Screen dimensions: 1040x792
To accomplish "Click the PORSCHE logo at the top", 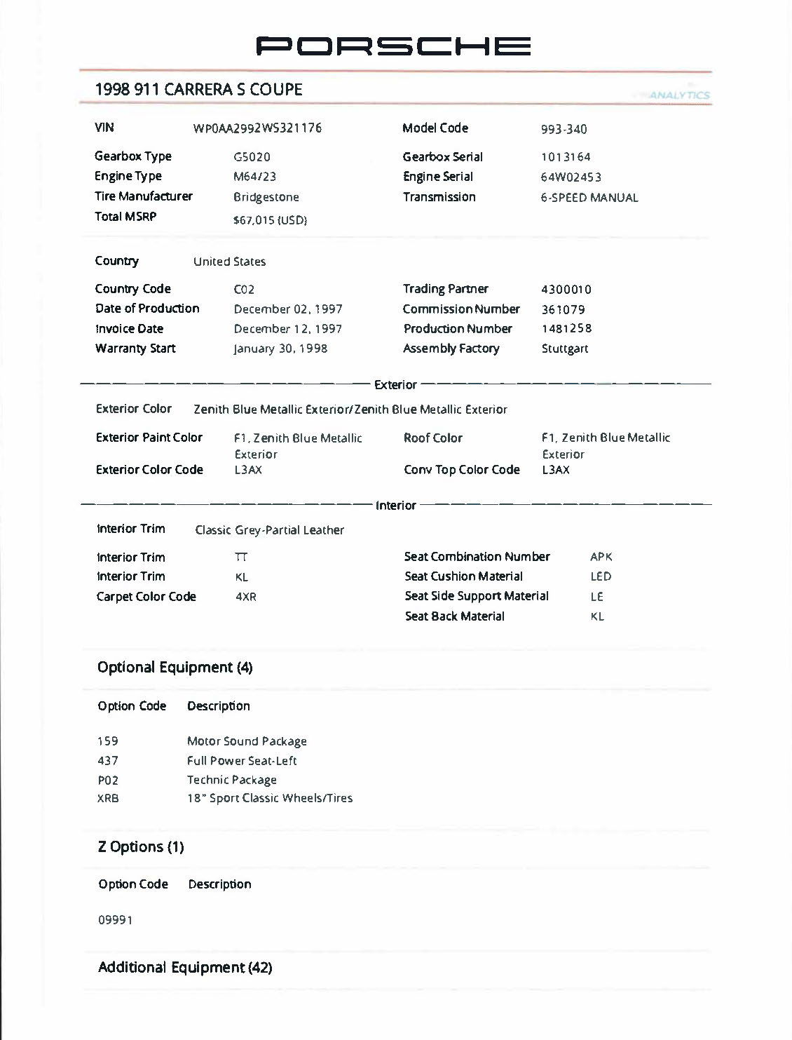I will tap(393, 46).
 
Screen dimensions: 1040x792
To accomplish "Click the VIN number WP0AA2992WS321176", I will tap(257, 128).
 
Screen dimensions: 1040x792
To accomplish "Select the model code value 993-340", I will tap(564, 129).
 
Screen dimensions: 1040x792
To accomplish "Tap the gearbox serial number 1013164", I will tap(566, 157).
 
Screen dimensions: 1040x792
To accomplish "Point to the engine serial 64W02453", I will tap(571, 177).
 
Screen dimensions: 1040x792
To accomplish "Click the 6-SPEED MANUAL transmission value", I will tap(589, 198).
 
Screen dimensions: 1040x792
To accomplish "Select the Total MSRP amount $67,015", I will tap(270, 220).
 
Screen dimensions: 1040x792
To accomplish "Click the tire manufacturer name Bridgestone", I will tap(266, 198).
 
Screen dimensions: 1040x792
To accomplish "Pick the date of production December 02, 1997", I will tap(287, 309).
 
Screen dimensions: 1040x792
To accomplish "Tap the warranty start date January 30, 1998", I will tap(280, 349).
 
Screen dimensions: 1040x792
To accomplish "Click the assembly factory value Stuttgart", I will tap(564, 349).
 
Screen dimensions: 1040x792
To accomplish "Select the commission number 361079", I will tap(563, 309).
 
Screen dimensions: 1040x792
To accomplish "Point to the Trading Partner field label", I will tap(445, 289).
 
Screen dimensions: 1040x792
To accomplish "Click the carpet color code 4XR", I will tap(246, 597).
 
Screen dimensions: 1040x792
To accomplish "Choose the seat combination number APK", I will tap(601, 557).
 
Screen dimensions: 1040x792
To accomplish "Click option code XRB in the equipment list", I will tap(108, 798).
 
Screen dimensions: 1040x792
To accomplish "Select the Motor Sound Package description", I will tap(247, 741).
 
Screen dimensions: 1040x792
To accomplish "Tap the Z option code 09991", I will tap(115, 920).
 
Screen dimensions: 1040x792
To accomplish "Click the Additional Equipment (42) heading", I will tap(185, 968).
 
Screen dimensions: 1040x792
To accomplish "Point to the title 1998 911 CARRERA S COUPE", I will tap(198, 90).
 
